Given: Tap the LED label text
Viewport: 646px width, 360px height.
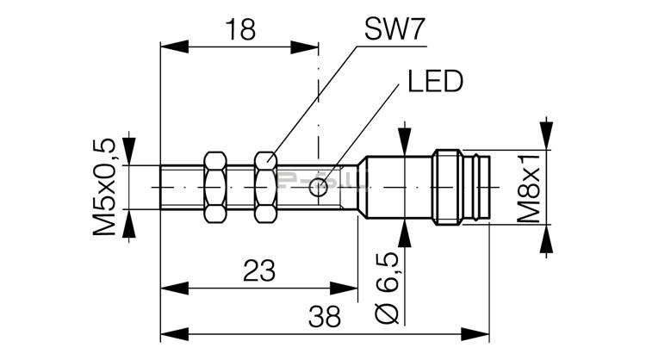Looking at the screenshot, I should [435, 82].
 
